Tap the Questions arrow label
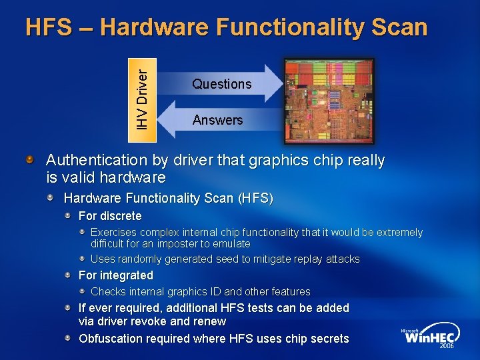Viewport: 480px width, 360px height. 221,84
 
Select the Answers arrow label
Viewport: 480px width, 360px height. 217,121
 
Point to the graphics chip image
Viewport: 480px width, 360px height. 329,101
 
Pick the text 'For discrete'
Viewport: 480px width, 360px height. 110,216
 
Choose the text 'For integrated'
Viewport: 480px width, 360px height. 115,275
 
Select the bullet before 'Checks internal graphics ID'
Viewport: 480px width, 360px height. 82,291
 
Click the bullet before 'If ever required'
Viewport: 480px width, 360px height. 69,308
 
